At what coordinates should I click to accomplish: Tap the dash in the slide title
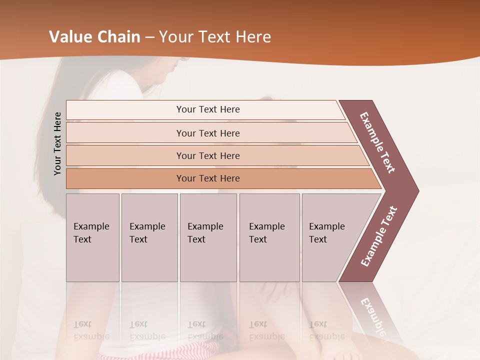tap(149, 37)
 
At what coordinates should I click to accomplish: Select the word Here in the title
tap(253, 37)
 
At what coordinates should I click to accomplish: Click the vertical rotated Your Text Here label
tap(57, 144)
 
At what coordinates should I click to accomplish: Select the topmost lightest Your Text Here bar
tap(207, 109)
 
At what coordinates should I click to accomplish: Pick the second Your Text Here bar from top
tap(207, 133)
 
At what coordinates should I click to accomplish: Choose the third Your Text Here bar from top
tap(207, 155)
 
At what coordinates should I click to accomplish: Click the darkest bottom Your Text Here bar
tap(207, 178)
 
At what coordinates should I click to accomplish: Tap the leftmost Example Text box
tap(92, 237)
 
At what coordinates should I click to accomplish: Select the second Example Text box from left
tap(149, 237)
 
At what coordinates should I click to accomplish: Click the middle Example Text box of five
tap(208, 237)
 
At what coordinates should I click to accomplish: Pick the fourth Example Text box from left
tap(269, 237)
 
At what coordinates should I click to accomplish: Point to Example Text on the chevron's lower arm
tap(379, 236)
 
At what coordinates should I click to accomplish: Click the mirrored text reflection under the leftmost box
tap(91, 330)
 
